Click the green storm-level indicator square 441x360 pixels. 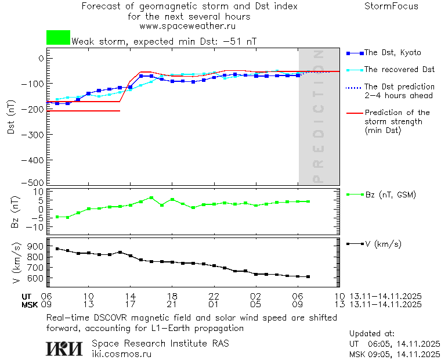pos(58,37)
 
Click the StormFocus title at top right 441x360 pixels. pos(391,6)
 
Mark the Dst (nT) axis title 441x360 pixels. pos(11,117)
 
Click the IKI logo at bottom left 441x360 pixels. pos(65,348)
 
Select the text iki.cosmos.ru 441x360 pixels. pos(121,354)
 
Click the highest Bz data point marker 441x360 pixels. pos(151,198)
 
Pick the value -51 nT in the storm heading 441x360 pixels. pos(242,42)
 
